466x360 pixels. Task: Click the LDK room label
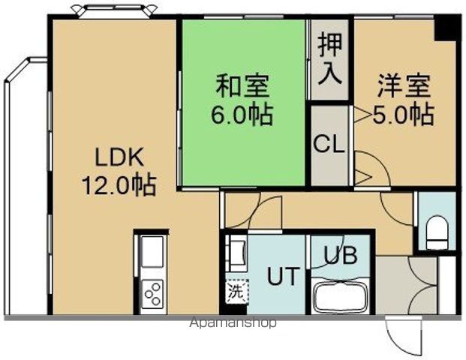pyautogui.click(x=118, y=158)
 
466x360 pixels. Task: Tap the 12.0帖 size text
pyautogui.click(x=118, y=184)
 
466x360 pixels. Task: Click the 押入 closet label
pyautogui.click(x=330, y=58)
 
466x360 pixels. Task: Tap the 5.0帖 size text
pyautogui.click(x=404, y=114)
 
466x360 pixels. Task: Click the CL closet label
pyautogui.click(x=329, y=144)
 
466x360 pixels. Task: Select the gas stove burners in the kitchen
pyautogui.click(x=153, y=292)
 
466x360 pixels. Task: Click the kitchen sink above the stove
pyautogui.click(x=152, y=252)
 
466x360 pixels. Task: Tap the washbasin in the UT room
pyautogui.click(x=237, y=252)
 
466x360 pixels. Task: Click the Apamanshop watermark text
pyautogui.click(x=233, y=323)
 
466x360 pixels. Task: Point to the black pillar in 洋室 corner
pyautogui.click(x=448, y=28)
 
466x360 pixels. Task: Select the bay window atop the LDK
pyautogui.click(x=114, y=10)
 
